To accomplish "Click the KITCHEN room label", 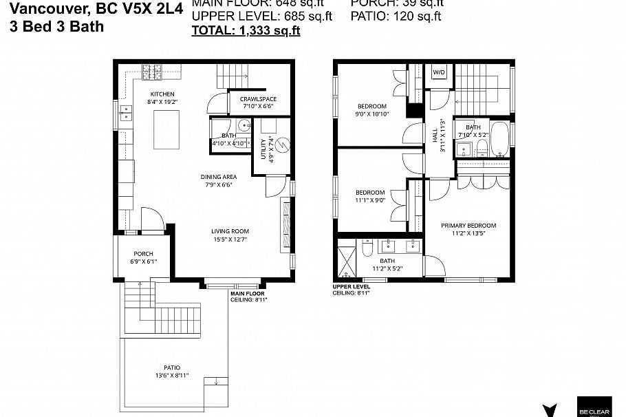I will point(162,94).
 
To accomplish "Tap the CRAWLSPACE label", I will point(258,99).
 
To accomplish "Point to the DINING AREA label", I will point(219,177).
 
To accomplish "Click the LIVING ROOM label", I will point(230,231).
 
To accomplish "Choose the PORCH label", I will point(143,254).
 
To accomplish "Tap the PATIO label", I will point(172,367).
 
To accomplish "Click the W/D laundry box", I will point(439,72).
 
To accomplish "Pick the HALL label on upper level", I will point(435,137).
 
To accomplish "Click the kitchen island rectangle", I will point(162,129).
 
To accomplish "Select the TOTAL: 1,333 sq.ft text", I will point(246,30).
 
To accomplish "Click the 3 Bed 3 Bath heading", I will point(56,27).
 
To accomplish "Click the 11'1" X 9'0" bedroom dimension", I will point(370,200).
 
